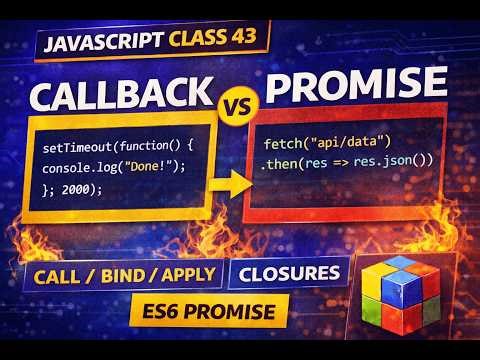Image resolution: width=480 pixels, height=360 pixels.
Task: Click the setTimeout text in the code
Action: [75, 148]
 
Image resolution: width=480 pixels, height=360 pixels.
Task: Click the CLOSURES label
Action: [287, 272]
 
